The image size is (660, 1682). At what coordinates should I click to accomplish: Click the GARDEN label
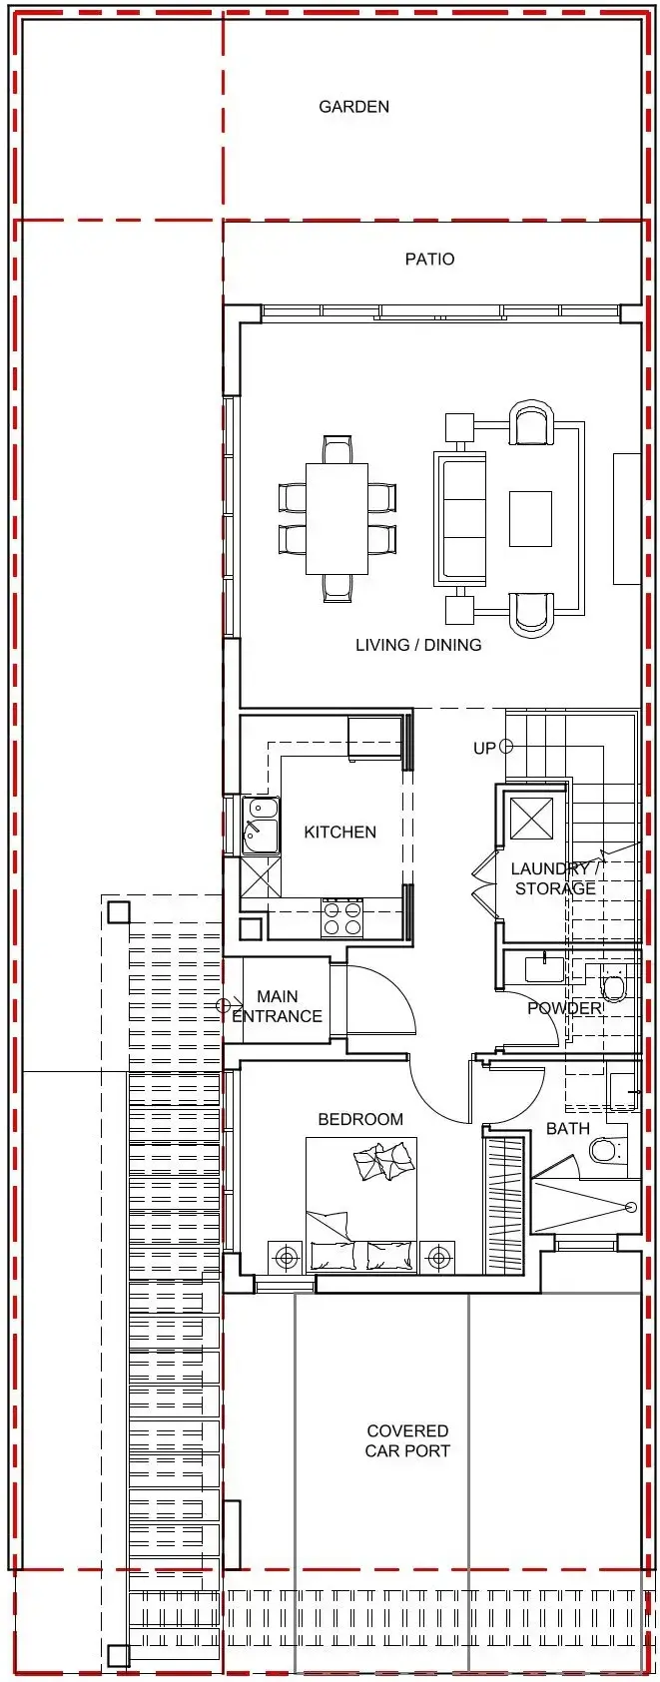point(353,107)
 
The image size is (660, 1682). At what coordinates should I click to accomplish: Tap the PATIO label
point(429,260)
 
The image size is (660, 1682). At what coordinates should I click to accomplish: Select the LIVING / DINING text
point(418,644)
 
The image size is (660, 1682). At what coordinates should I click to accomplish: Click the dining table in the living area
point(337,519)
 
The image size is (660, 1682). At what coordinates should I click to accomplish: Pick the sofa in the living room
point(459,517)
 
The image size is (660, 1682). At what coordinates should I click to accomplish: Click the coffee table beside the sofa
point(530,519)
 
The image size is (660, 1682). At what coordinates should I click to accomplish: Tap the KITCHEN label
point(340,832)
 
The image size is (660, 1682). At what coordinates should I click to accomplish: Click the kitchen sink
point(260,826)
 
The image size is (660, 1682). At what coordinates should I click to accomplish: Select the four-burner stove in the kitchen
point(341,917)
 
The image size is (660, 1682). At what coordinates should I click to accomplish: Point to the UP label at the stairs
point(484,748)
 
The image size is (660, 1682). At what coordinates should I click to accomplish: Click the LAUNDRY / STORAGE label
point(555,878)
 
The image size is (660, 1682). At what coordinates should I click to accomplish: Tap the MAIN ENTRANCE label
point(277,1006)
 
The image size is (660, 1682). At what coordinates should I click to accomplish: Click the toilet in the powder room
point(613,987)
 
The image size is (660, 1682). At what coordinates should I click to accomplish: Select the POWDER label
point(564,1008)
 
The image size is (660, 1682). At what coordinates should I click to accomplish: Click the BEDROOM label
point(360,1119)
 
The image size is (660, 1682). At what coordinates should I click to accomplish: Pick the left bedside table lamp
point(286,1257)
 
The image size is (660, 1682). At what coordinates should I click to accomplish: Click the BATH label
point(568,1129)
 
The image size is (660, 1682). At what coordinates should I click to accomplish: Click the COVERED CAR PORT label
point(407,1441)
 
